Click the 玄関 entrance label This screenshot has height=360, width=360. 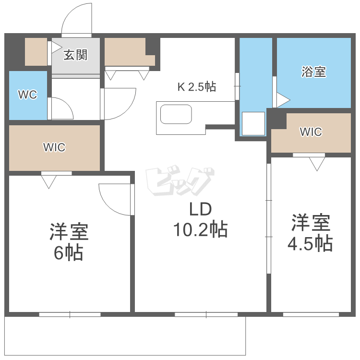coord(76,55)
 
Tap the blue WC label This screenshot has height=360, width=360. coord(27,95)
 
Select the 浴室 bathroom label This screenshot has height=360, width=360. coord(314,72)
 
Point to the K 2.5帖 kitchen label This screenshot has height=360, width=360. coord(197,87)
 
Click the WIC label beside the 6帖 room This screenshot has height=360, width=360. coord(54,147)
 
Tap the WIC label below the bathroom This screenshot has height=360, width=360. coord(311,132)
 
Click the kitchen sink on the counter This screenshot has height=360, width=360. coord(176,115)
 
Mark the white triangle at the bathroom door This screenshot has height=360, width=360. coord(282,100)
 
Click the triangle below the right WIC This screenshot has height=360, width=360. coord(317,165)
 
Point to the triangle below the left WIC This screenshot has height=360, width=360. coord(49,181)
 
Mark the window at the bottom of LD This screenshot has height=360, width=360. coord(206,315)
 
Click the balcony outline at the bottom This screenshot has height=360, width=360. coord(125,336)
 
